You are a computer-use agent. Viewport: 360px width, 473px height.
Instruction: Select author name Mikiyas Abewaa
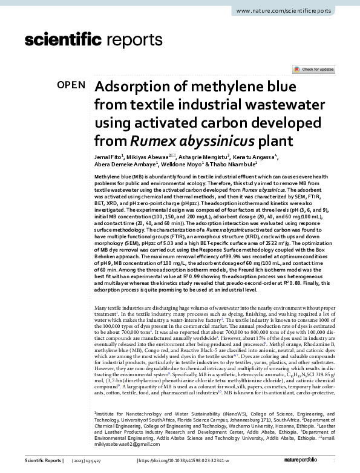point(149,157)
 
